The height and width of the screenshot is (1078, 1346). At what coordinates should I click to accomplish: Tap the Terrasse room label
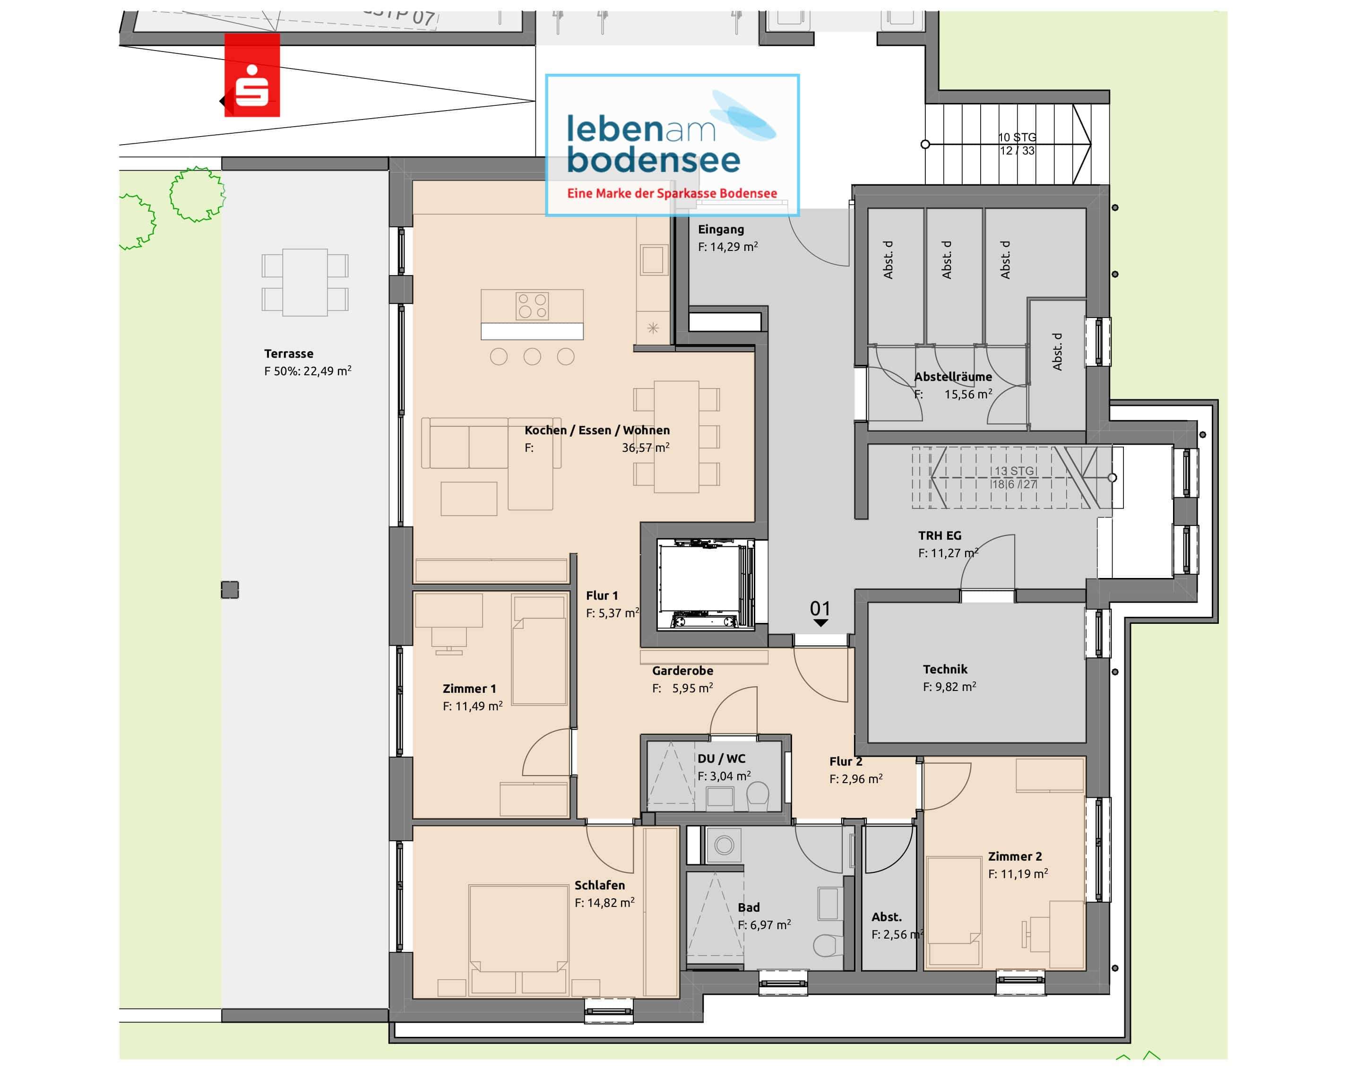pos(288,354)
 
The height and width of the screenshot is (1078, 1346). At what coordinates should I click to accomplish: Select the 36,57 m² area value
pos(645,448)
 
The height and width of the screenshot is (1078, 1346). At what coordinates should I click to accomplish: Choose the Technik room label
pos(945,669)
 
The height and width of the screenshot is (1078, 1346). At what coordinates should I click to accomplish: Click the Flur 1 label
pos(601,595)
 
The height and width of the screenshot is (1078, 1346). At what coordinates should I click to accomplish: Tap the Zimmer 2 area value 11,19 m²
pos(1018,874)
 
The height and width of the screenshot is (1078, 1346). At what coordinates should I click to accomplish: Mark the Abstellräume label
pos(953,376)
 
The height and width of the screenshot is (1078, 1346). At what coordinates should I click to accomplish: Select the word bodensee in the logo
pos(653,160)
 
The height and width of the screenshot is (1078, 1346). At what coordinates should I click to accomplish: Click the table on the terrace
pos(305,282)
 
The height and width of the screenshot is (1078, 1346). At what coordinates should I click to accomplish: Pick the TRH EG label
pos(939,535)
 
